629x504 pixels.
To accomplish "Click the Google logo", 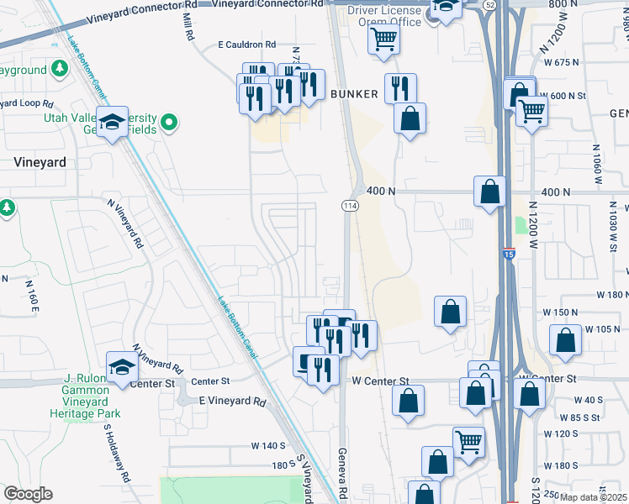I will [27, 494].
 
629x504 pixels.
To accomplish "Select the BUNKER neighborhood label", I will [354, 93].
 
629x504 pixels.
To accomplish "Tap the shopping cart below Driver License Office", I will [384, 39].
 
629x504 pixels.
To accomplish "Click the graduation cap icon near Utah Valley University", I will [112, 124].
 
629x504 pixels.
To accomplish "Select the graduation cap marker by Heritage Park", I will [122, 368].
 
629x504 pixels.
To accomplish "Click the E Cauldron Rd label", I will [246, 44].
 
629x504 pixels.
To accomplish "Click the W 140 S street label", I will [269, 446].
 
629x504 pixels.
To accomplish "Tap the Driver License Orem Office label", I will [385, 16].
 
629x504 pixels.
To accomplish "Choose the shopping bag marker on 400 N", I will [489, 192].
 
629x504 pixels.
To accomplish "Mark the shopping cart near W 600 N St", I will [531, 110].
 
